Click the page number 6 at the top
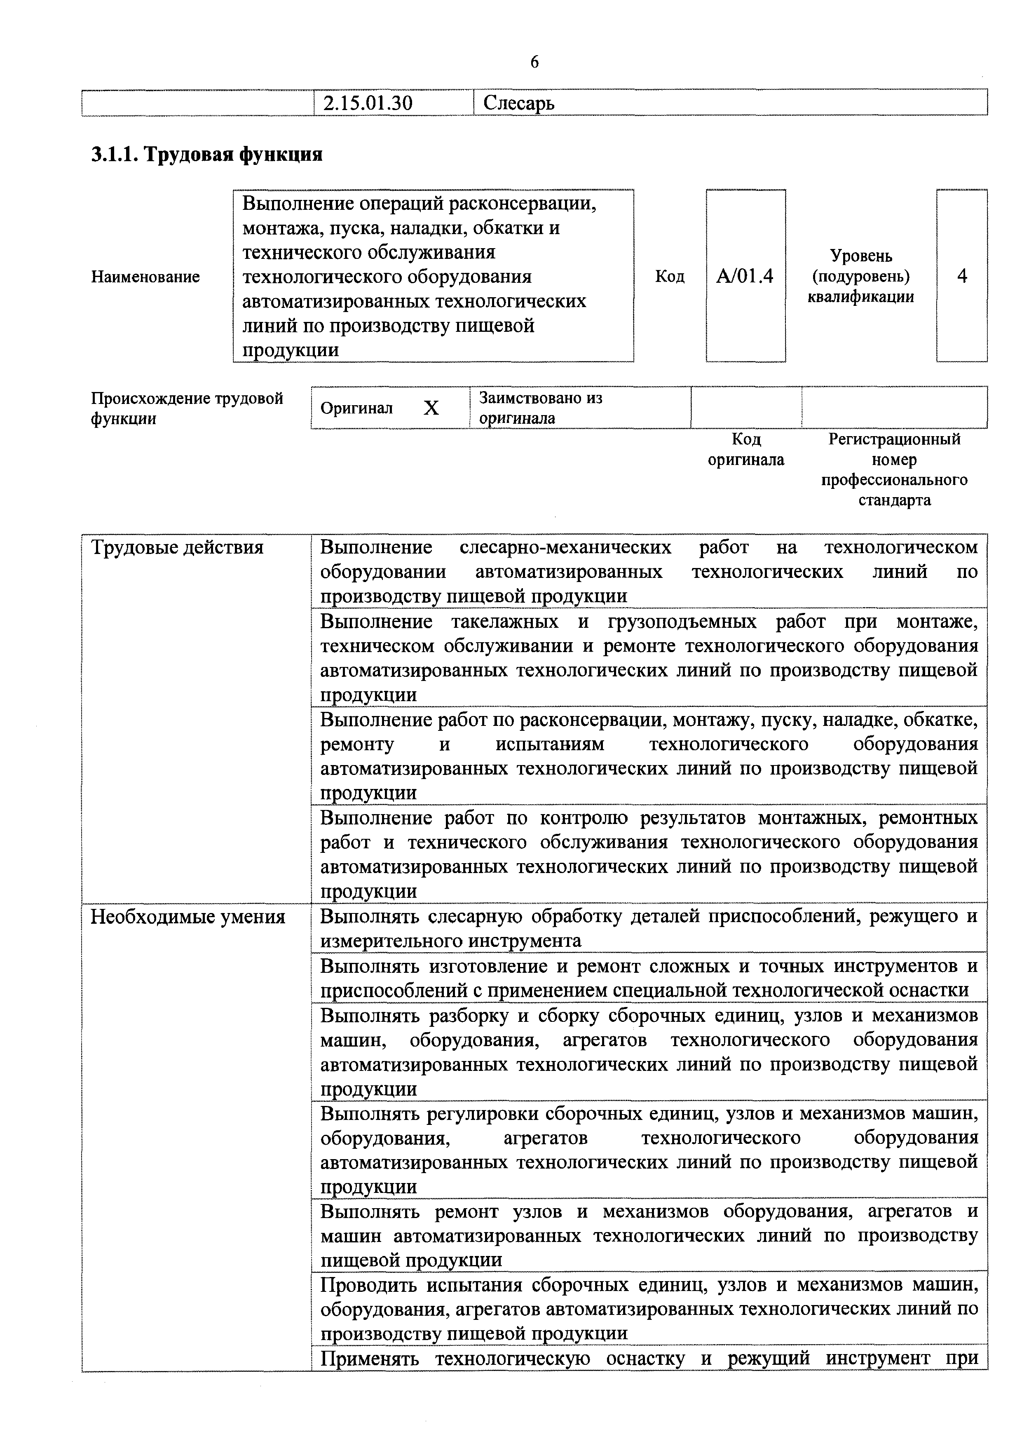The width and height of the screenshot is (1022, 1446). (x=534, y=62)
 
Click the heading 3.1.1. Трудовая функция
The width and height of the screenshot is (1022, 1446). (x=207, y=154)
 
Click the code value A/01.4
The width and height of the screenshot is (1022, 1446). (x=745, y=277)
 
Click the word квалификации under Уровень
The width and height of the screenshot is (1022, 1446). (x=861, y=297)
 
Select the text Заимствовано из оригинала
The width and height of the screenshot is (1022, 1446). (x=540, y=408)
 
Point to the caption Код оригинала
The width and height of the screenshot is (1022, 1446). (x=746, y=449)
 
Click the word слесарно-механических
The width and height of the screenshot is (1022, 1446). (x=565, y=547)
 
